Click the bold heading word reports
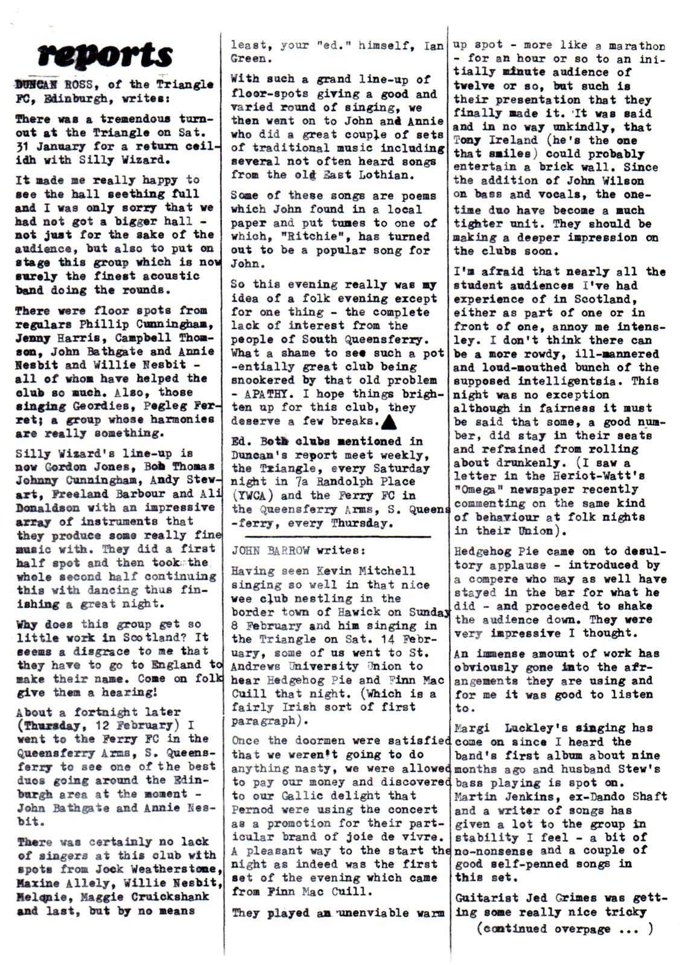pyautogui.click(x=105, y=55)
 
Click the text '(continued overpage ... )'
pyautogui.click(x=564, y=929)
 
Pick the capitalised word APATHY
pyautogui.click(x=265, y=394)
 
